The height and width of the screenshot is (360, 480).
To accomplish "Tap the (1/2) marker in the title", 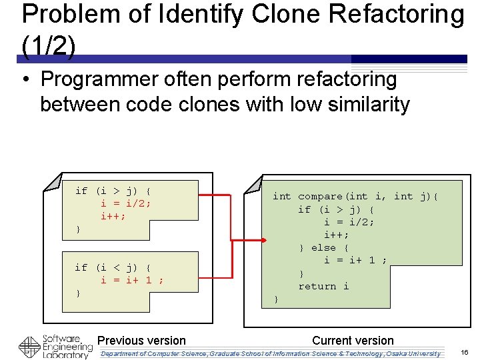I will pos(49,45).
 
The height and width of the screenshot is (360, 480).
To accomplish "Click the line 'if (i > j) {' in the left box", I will pos(113,191).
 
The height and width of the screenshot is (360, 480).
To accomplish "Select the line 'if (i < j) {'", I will pos(113,267).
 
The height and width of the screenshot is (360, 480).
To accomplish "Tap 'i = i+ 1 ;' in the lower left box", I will pos(132,280).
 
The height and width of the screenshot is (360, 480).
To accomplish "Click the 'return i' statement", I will pos(323,286).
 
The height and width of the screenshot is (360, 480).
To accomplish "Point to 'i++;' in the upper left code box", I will pos(113,216).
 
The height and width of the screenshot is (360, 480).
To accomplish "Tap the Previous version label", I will pos(141,341).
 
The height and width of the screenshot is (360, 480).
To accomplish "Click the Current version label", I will pos(353,341).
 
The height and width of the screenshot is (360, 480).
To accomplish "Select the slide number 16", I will pos(465,352).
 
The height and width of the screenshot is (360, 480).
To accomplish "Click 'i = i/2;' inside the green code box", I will pos(349,222).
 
